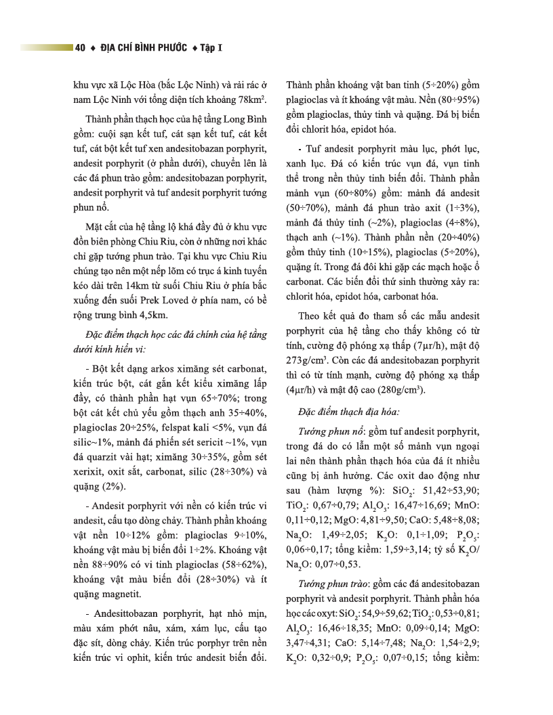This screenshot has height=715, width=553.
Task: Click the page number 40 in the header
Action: click(81, 48)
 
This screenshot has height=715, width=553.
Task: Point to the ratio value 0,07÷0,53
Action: click(340, 561)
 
